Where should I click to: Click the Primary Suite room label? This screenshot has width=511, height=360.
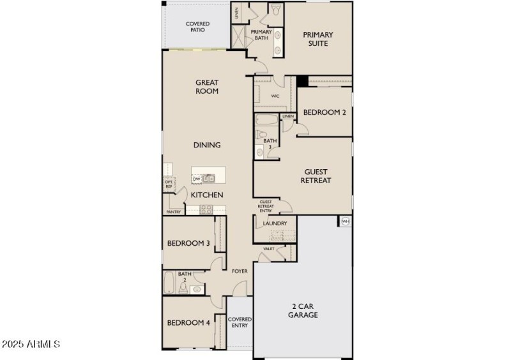pos(318,39)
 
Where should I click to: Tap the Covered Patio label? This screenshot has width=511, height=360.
pos(198,27)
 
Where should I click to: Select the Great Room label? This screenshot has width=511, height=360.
pos(207,87)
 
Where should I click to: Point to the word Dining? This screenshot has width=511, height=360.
pos(207,145)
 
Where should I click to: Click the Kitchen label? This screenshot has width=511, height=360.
pos(207,194)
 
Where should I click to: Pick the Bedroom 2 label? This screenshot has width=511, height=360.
pos(324,112)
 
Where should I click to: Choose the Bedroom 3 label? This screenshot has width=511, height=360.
pos(188,243)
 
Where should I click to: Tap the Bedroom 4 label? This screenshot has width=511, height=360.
pos(188,322)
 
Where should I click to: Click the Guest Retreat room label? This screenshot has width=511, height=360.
pos(316,176)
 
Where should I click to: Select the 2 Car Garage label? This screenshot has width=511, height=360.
pos(303,310)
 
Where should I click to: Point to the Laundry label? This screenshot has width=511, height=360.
pos(275,223)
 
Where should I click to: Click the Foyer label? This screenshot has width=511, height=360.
pos(240,271)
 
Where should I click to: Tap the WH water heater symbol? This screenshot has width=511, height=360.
pos(346,221)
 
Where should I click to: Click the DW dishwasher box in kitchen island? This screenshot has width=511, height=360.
pos(197,179)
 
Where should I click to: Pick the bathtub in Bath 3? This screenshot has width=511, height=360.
pos(266,120)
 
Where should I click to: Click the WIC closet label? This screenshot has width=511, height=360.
pos(275,96)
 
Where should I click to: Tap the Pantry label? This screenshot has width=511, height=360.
pos(173,211)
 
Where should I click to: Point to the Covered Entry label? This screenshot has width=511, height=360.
pos(240,322)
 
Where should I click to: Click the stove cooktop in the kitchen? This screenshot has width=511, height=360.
pos(207,209)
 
